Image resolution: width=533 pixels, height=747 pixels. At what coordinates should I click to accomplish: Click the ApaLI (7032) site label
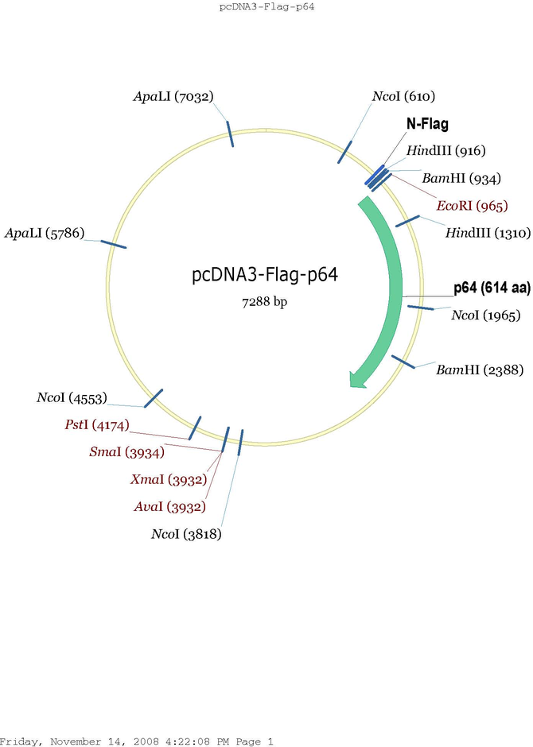[173, 97]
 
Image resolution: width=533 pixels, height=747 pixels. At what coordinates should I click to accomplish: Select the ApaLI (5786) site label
[44, 234]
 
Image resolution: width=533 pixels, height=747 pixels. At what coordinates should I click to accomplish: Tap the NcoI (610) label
[403, 97]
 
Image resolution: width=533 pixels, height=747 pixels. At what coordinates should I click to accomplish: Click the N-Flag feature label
[427, 124]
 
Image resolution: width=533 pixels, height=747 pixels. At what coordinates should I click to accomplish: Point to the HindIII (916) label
[445, 151]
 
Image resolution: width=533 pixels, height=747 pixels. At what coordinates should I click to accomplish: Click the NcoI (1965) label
[485, 315]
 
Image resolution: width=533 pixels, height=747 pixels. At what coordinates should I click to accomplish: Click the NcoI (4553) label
[72, 398]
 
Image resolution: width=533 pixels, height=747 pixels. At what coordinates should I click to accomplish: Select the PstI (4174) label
[96, 426]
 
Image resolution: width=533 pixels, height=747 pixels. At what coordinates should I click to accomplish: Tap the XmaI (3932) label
[168, 480]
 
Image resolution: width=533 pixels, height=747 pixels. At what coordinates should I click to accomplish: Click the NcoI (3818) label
[186, 534]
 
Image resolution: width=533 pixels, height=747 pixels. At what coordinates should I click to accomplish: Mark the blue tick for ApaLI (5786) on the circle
[114, 242]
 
